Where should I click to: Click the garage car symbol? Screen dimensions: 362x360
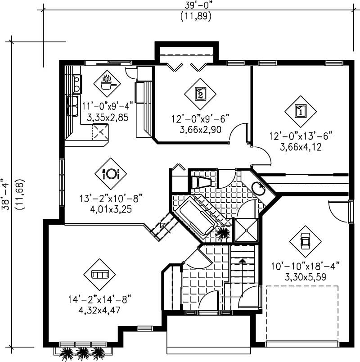[305, 241]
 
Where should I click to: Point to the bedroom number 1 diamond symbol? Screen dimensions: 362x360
[301, 110]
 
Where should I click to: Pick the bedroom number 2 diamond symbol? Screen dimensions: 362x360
[200, 94]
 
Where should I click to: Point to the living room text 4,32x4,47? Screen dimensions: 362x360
[99, 310]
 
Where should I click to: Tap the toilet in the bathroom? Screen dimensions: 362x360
[201, 182]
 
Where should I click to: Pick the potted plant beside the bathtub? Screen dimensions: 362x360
[223, 234]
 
